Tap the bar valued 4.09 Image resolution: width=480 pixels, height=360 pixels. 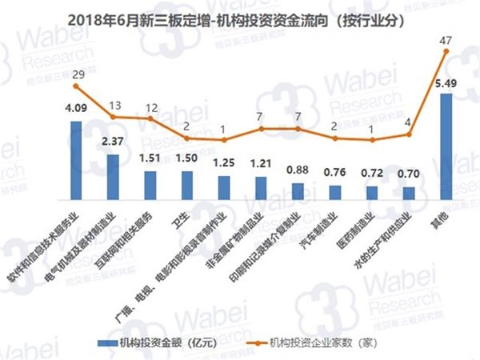(x=76, y=159)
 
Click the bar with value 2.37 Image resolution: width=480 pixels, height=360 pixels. (x=113, y=176)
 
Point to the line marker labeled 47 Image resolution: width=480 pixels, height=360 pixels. (x=446, y=51)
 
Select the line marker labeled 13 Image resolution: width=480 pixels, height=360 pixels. (x=113, y=117)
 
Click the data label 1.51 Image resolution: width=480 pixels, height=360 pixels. (x=150, y=158)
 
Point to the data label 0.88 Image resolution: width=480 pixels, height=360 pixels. (x=298, y=170)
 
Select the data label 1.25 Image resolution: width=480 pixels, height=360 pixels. (x=224, y=163)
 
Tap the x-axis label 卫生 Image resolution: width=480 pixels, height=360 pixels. (x=178, y=221)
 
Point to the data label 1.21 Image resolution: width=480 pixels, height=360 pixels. (x=261, y=164)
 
